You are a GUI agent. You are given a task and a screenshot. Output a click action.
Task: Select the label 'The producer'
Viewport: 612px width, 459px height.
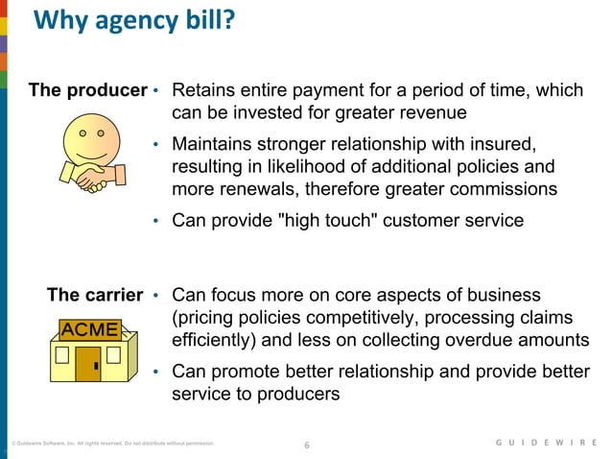[87, 90]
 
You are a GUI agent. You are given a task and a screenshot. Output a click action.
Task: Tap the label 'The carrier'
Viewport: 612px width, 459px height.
[95, 295]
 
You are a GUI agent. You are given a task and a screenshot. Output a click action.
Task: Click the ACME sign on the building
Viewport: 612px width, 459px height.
[89, 329]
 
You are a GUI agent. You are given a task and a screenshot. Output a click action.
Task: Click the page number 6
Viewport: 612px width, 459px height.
[307, 445]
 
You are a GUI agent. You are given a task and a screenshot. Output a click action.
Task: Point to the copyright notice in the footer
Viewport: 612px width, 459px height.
[112, 445]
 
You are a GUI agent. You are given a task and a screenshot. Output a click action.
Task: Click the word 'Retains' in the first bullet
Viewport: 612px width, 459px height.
[203, 90]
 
